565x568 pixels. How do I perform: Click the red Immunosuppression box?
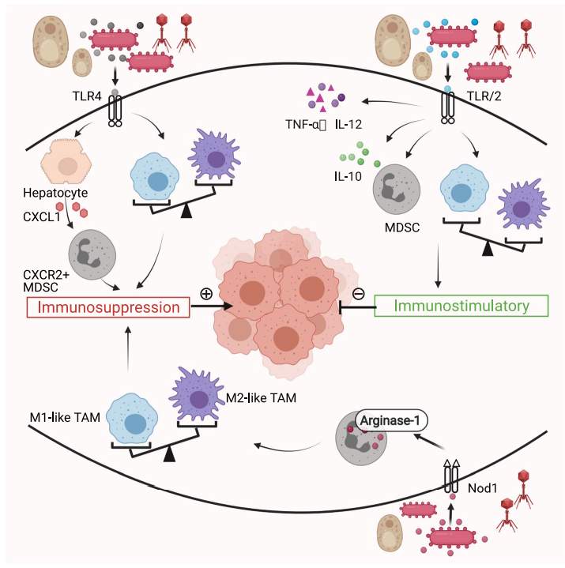point(108,305)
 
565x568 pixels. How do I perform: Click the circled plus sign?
point(206,294)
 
